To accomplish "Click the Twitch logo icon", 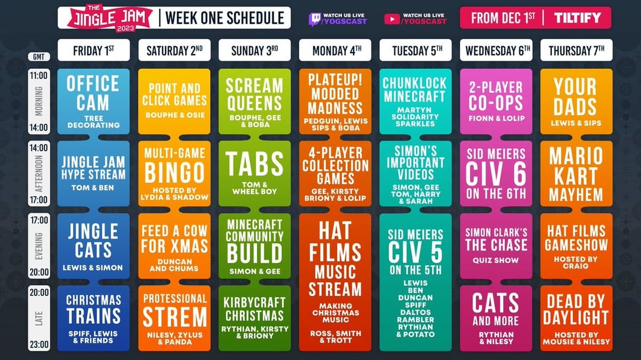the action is tap(315, 19).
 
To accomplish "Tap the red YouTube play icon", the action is tap(392, 19).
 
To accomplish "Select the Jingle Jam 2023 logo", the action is tap(109, 18).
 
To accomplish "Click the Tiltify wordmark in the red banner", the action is tap(577, 18).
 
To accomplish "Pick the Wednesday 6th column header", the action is tap(496, 50).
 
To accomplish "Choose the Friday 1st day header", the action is tap(94, 50).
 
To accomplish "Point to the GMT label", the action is tap(39, 57).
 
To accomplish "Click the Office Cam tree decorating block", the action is tap(94, 101).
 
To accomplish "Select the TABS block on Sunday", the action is tap(255, 174).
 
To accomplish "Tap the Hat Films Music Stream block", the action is tap(335, 282).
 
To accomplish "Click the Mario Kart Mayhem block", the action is tap(576, 174).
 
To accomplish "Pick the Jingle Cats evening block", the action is tap(94, 246).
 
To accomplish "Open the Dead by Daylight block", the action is tap(576, 318).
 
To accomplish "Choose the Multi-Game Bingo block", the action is tap(174, 174).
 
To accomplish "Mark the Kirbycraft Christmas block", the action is tap(255, 318).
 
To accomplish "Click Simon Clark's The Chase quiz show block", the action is tap(496, 246).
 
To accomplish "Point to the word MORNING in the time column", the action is tap(39, 101).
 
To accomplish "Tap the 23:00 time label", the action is tap(39, 345).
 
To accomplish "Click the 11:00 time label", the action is tap(39, 75).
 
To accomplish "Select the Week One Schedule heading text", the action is tap(225, 18).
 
